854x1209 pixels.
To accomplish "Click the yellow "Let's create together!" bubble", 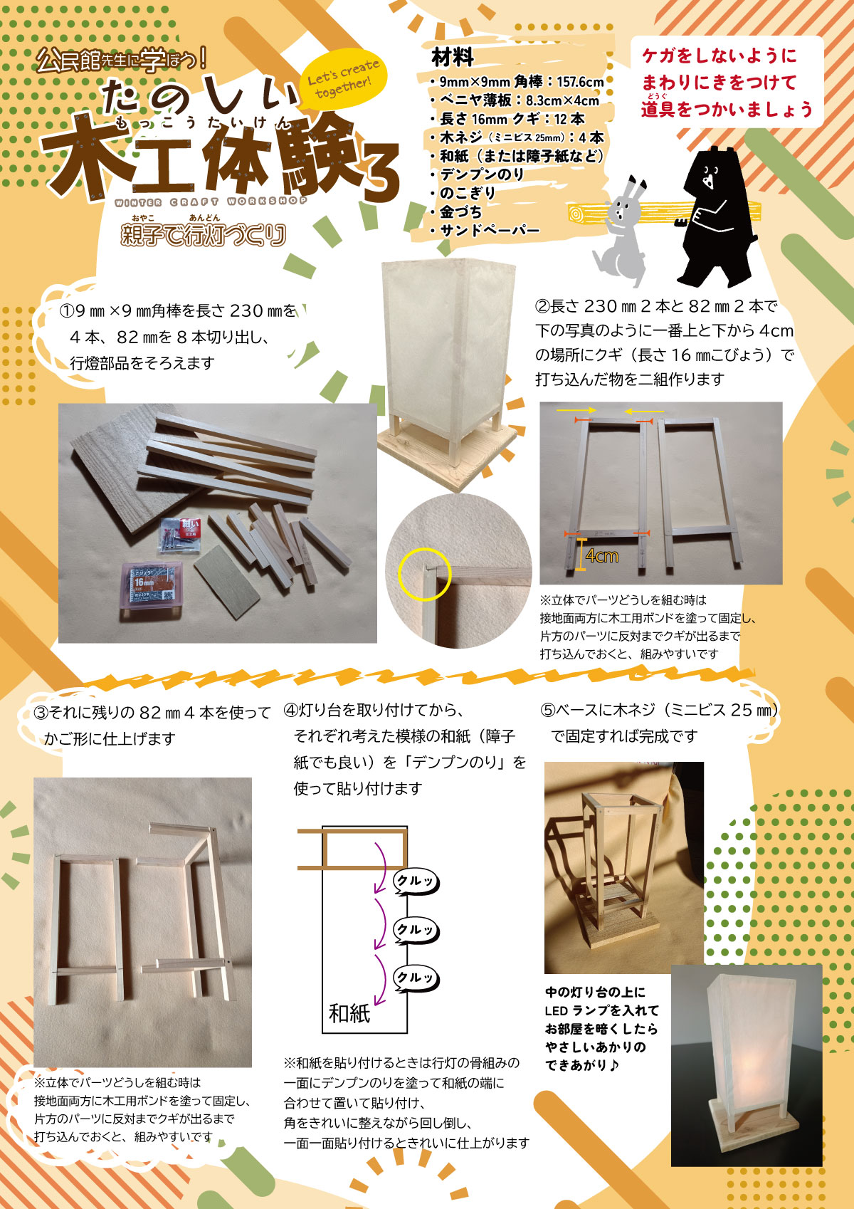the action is (x=344, y=79).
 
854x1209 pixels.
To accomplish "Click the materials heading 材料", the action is (x=453, y=57).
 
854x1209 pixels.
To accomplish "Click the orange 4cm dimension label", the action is (x=601, y=555).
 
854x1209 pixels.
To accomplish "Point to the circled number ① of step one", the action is (x=66, y=311).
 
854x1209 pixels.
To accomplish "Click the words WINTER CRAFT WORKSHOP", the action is (x=211, y=202).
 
